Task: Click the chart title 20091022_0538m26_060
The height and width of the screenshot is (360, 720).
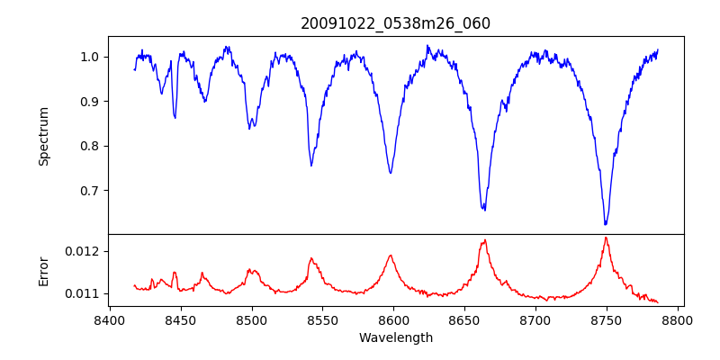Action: tap(395, 23)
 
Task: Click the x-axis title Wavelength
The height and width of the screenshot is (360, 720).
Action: tap(395, 338)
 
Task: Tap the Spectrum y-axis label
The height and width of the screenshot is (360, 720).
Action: tap(43, 136)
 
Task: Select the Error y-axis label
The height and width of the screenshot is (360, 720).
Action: tap(43, 270)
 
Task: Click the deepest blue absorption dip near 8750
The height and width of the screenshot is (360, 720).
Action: tap(606, 224)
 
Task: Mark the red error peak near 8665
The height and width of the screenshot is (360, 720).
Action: tap(485, 240)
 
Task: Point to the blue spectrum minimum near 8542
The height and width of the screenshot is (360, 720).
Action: tap(311, 166)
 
